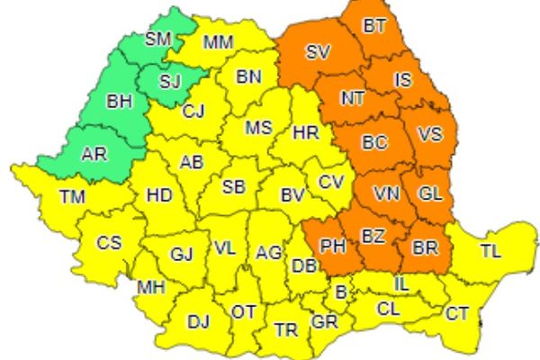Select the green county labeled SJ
(x=170, y=82)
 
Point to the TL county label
(x=490, y=251)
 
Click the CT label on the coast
(x=457, y=313)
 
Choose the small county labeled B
(x=340, y=292)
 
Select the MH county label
(x=149, y=287)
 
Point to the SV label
(x=317, y=52)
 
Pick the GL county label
(x=430, y=193)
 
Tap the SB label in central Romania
(x=234, y=187)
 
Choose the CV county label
(x=331, y=182)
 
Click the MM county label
(x=218, y=42)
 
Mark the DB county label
(x=302, y=265)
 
